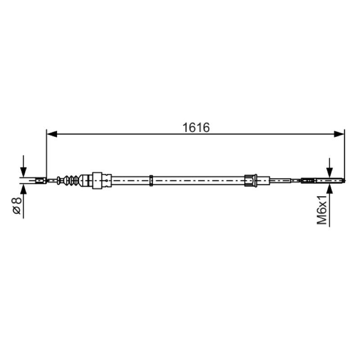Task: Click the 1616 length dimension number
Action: (x=196, y=127)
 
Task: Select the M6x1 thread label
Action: (x=322, y=210)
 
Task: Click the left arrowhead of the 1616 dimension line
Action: (x=52, y=134)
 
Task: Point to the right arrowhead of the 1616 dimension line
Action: (x=339, y=134)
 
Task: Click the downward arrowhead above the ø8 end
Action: (x=23, y=172)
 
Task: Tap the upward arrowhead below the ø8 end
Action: (x=23, y=189)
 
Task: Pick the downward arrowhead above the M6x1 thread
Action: (x=329, y=172)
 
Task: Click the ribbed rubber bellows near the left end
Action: (x=71, y=180)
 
